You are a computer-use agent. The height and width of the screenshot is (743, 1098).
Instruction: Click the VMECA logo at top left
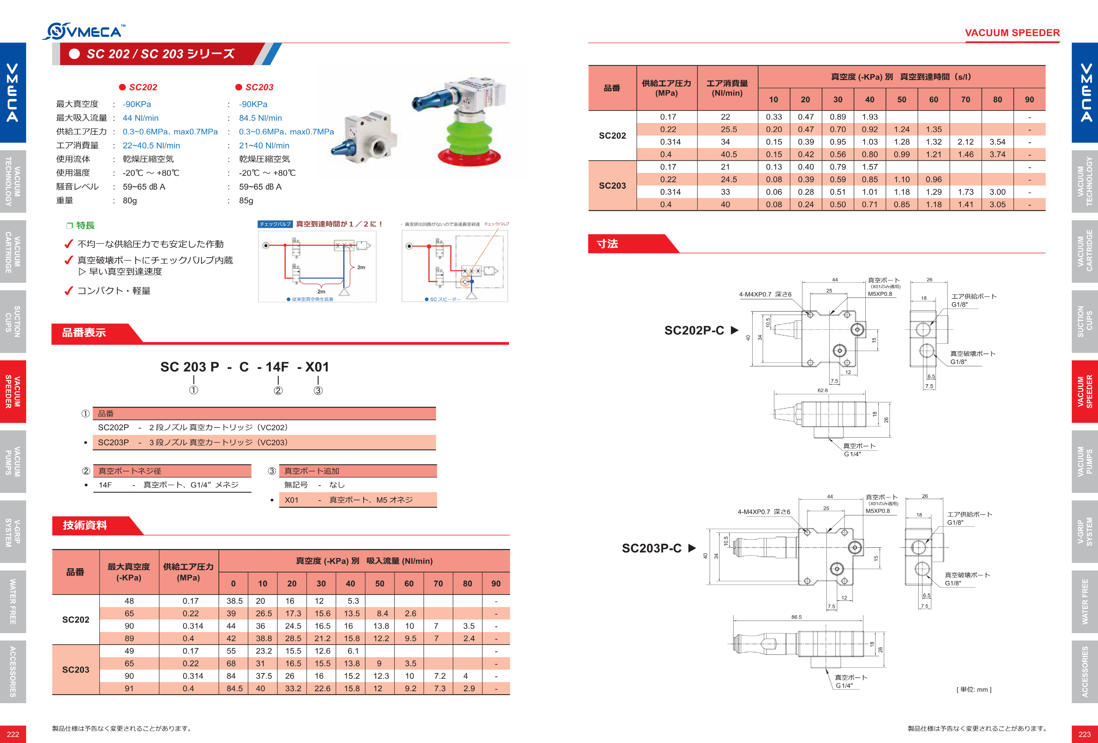pos(84,31)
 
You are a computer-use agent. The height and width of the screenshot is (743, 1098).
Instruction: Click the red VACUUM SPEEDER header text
pos(1012,33)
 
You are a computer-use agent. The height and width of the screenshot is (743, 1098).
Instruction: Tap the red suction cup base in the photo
pos(469,155)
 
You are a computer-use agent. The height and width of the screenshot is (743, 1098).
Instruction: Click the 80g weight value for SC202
pos(130,200)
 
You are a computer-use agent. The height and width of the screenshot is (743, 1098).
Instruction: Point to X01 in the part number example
pos(317,367)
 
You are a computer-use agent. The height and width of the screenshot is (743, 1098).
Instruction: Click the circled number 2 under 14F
pos(278,390)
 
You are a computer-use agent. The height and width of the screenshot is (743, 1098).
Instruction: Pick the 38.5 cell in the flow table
pos(234,601)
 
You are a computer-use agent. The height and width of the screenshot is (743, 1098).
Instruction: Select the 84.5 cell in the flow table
pos(234,688)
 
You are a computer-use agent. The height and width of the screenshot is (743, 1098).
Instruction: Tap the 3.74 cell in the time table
pos(997,154)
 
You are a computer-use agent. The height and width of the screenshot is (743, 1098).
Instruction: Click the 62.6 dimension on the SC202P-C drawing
pos(822,390)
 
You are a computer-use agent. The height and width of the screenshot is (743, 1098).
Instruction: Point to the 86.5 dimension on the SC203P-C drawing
pos(797,617)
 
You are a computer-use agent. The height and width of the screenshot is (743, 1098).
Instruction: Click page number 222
pos(13,734)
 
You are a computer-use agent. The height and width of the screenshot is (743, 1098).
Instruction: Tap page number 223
pos(1085,734)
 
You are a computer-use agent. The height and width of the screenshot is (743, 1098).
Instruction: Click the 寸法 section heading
pos(607,243)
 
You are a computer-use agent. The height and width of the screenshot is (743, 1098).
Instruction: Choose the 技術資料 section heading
pos(85,525)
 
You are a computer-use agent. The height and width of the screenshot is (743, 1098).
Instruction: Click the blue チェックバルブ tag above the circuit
pos(275,224)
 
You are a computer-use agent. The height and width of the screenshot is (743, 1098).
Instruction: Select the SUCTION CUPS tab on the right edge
pos(1085,322)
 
